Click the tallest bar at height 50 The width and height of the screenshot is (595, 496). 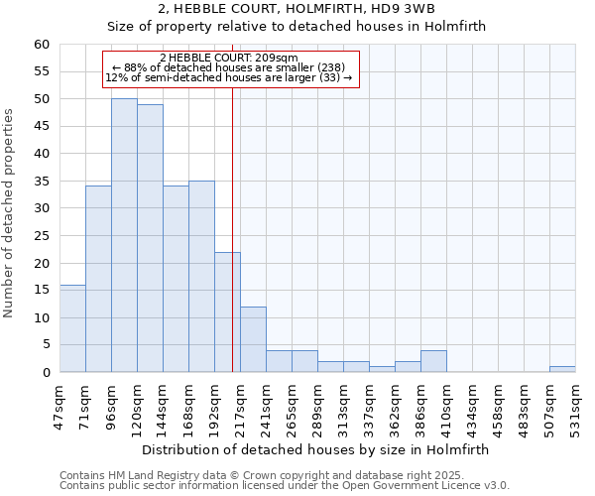[x=124, y=235]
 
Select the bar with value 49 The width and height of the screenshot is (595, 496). [x=150, y=238]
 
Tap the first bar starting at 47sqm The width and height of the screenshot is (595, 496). [x=72, y=328]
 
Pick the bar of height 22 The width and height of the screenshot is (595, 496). [x=227, y=311]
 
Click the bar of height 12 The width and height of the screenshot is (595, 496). [x=253, y=339]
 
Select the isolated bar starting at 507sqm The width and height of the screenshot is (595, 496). [x=562, y=369]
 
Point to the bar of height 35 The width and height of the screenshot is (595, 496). [x=201, y=276]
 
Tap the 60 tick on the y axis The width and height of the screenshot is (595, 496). [x=42, y=45]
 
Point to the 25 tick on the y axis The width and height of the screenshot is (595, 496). [x=42, y=236]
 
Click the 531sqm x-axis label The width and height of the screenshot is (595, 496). [x=576, y=405]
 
